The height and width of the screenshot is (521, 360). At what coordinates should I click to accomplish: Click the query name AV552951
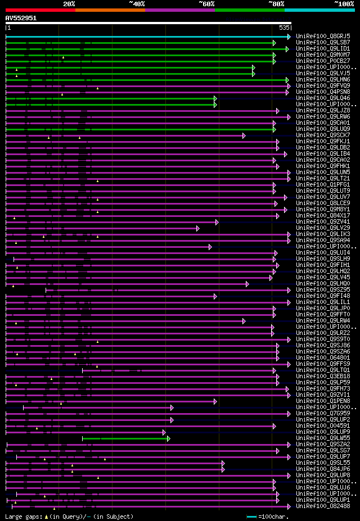(21, 18)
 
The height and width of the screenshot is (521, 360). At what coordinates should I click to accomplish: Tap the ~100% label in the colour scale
(344, 3)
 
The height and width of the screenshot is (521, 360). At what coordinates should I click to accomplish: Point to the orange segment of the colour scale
(110, 10)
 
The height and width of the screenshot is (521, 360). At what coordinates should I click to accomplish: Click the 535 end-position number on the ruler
(284, 28)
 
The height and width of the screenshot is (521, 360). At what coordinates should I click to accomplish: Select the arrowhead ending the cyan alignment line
(289, 37)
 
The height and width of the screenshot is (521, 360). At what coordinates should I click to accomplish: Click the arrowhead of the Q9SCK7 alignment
(244, 135)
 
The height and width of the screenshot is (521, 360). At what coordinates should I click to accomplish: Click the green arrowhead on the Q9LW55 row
(168, 438)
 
